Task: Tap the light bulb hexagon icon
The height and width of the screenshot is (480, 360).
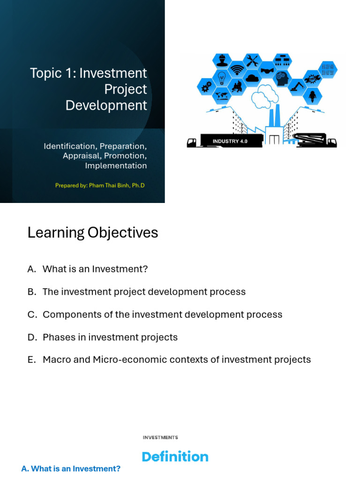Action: click(221, 78)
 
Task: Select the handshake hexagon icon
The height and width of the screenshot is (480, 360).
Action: click(267, 70)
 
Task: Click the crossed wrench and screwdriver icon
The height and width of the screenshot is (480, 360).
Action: click(252, 61)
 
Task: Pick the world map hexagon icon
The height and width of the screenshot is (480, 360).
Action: click(221, 96)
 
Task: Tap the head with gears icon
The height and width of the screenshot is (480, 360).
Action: click(282, 78)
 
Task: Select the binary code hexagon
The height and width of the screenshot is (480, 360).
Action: click(328, 69)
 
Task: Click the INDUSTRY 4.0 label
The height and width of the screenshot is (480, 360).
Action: click(230, 141)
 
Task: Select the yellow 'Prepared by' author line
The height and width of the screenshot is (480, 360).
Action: click(100, 185)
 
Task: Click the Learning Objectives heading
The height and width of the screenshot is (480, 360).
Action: click(93, 232)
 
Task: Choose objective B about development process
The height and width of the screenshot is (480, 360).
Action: click(144, 292)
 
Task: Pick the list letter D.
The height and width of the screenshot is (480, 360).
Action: click(31, 337)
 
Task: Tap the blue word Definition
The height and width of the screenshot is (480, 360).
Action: click(175, 457)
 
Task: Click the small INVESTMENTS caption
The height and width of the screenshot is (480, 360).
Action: click(160, 437)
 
